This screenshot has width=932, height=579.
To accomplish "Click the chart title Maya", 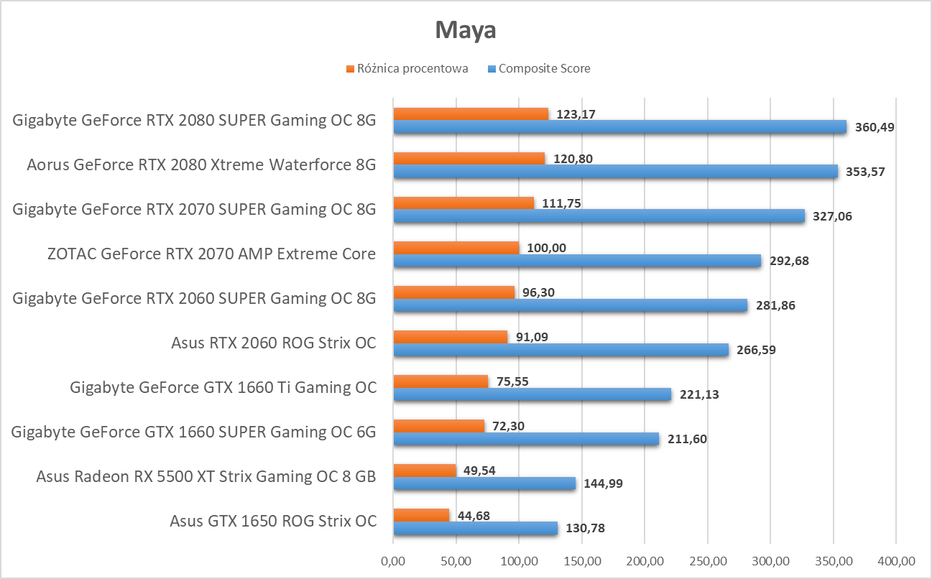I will (466, 30).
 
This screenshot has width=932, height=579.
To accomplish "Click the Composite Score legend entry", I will (544, 69).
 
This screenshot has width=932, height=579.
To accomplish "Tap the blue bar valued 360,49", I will (619, 127).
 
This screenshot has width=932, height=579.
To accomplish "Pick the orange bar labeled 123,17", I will (471, 114).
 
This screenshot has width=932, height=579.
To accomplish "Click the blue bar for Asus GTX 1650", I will (475, 528).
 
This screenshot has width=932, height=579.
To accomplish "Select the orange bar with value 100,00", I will (456, 247).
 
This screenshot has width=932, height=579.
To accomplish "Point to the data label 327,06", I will (833, 216).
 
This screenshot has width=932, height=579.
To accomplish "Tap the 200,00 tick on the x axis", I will (645, 560).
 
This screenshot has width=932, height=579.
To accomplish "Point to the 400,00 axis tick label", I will (896, 560).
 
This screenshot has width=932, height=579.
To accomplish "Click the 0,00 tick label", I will (393, 560).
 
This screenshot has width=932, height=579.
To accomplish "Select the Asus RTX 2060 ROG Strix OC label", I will (274, 343).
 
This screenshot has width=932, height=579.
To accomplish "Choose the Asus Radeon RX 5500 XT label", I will (206, 476).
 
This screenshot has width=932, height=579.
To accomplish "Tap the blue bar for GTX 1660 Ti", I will (532, 394).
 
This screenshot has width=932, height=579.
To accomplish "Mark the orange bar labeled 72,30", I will (438, 425).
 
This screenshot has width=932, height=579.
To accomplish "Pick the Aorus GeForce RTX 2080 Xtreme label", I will (201, 165).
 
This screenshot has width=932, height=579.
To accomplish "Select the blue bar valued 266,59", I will (560, 350).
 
